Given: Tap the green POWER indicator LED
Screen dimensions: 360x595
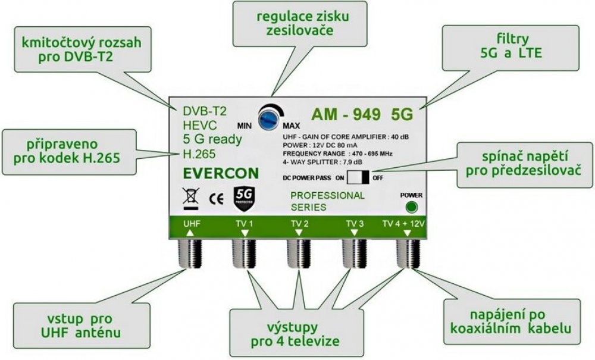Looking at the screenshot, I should [409, 207].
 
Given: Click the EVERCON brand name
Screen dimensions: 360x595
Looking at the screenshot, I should [221, 173].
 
